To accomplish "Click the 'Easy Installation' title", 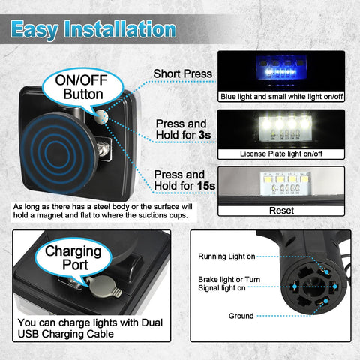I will pos(94,29).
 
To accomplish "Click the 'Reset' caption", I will pos(281,211).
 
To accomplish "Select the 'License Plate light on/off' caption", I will pos(281,154).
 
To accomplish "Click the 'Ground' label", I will pos(241,316).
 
